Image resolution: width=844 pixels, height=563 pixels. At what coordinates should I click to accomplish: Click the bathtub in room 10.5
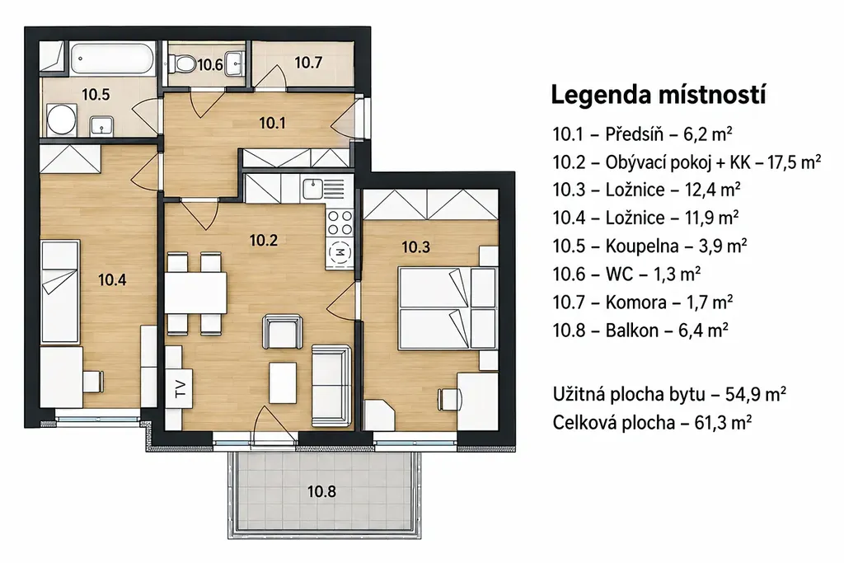point(112,59)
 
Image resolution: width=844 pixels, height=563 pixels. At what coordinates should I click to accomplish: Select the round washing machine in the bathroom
point(61,120)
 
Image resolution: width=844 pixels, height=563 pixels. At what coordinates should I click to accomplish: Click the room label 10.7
point(308,63)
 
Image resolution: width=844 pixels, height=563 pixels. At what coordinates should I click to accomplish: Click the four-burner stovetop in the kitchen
point(340,223)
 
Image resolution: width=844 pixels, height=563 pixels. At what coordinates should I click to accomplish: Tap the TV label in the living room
point(181,388)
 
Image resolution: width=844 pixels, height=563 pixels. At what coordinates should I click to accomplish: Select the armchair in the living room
point(283,332)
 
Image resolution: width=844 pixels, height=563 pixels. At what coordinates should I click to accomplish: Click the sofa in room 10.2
point(331,386)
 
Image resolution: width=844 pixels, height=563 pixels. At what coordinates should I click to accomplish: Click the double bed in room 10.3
point(447,307)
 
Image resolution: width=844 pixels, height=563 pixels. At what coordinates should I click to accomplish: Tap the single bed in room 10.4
point(60,291)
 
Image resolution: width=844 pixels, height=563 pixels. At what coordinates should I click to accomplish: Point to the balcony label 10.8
point(321,491)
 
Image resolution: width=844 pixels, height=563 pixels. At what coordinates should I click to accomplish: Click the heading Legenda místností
point(659,95)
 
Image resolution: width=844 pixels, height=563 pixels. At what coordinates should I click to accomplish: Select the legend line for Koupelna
point(649,246)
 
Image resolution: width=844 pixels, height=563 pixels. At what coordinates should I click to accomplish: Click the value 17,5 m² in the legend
point(794,162)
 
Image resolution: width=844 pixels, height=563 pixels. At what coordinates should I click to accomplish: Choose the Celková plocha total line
point(652,423)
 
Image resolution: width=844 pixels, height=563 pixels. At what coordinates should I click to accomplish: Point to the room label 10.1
point(272,124)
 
